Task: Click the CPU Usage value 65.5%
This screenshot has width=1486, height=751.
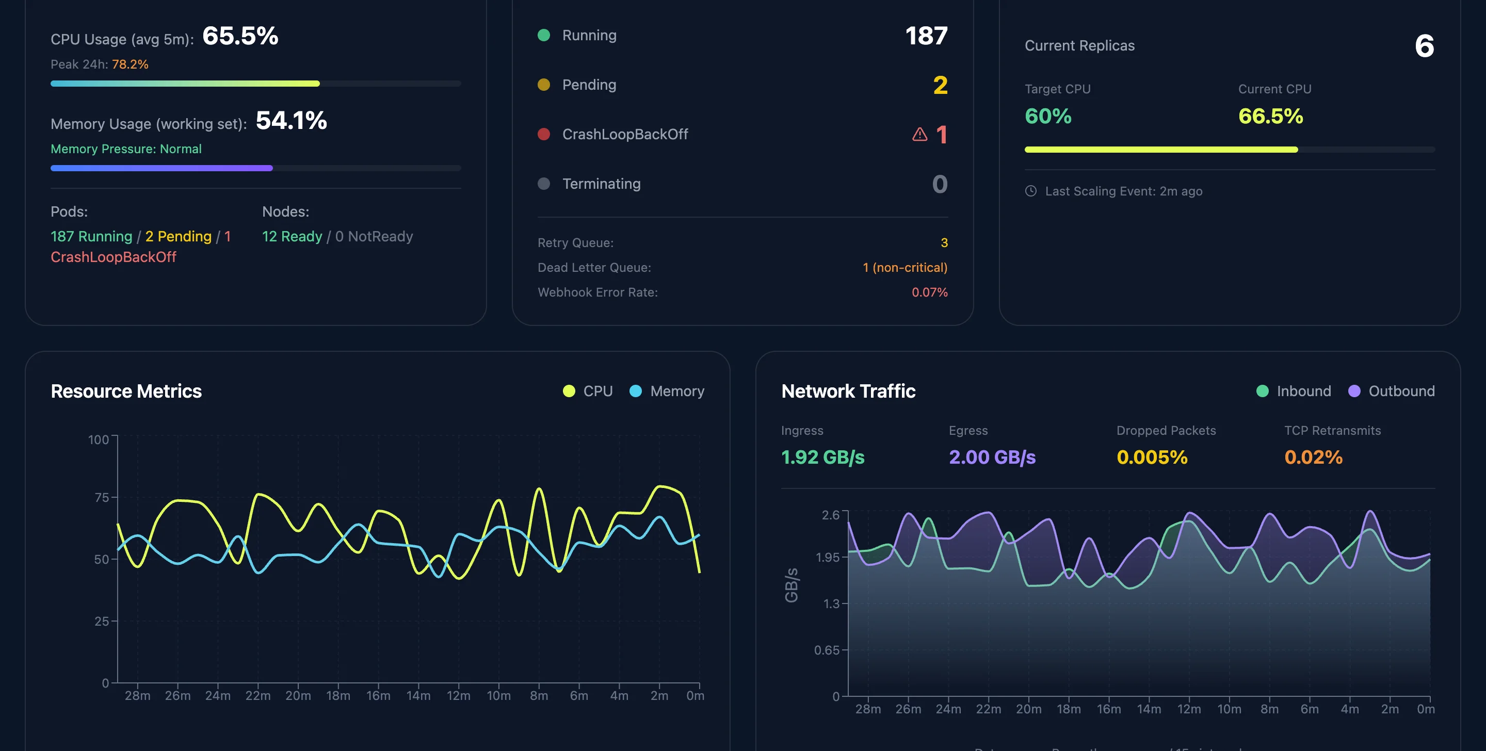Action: pyautogui.click(x=240, y=36)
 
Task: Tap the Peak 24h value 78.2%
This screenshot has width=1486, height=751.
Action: pyautogui.click(x=130, y=64)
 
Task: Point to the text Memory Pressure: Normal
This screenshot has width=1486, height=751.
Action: pyautogui.click(x=126, y=149)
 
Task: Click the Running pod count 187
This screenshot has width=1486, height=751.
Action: pyautogui.click(x=925, y=36)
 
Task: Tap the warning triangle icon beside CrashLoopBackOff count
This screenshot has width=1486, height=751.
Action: pyautogui.click(x=919, y=135)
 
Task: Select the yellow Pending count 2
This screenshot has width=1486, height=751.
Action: pyautogui.click(x=940, y=86)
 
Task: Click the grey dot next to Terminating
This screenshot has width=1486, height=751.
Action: pyautogui.click(x=543, y=184)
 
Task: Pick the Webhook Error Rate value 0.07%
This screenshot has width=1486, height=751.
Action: pyautogui.click(x=929, y=292)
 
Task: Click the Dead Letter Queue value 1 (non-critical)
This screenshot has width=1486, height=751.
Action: pyautogui.click(x=904, y=268)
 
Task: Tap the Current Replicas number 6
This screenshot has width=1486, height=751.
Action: pyautogui.click(x=1424, y=46)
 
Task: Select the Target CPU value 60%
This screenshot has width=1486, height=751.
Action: pyautogui.click(x=1047, y=117)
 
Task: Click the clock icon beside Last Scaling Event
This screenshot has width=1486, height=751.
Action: pyautogui.click(x=1031, y=191)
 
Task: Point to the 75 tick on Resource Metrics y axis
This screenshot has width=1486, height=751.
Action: pyautogui.click(x=102, y=497)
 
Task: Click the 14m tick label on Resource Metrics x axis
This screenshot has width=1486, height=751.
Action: pyautogui.click(x=418, y=696)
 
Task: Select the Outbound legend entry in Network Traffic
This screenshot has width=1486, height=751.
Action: pyautogui.click(x=1391, y=391)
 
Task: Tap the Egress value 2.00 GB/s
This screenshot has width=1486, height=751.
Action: pyautogui.click(x=992, y=458)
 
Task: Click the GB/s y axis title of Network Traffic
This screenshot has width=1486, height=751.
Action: pyautogui.click(x=792, y=584)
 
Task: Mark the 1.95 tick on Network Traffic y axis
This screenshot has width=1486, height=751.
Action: pyautogui.click(x=827, y=557)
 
